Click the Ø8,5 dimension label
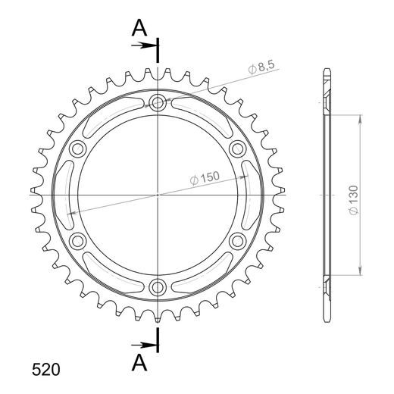click(x=261, y=67)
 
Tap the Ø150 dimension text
click(x=205, y=178)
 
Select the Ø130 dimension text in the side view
click(x=354, y=200)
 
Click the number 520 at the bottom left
click(x=46, y=370)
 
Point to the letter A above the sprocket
click(x=139, y=28)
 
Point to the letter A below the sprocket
click(x=139, y=362)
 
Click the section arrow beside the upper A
click(x=143, y=45)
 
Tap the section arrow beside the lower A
click(x=143, y=345)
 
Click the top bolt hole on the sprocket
click(x=158, y=102)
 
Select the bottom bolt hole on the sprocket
click(x=158, y=287)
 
